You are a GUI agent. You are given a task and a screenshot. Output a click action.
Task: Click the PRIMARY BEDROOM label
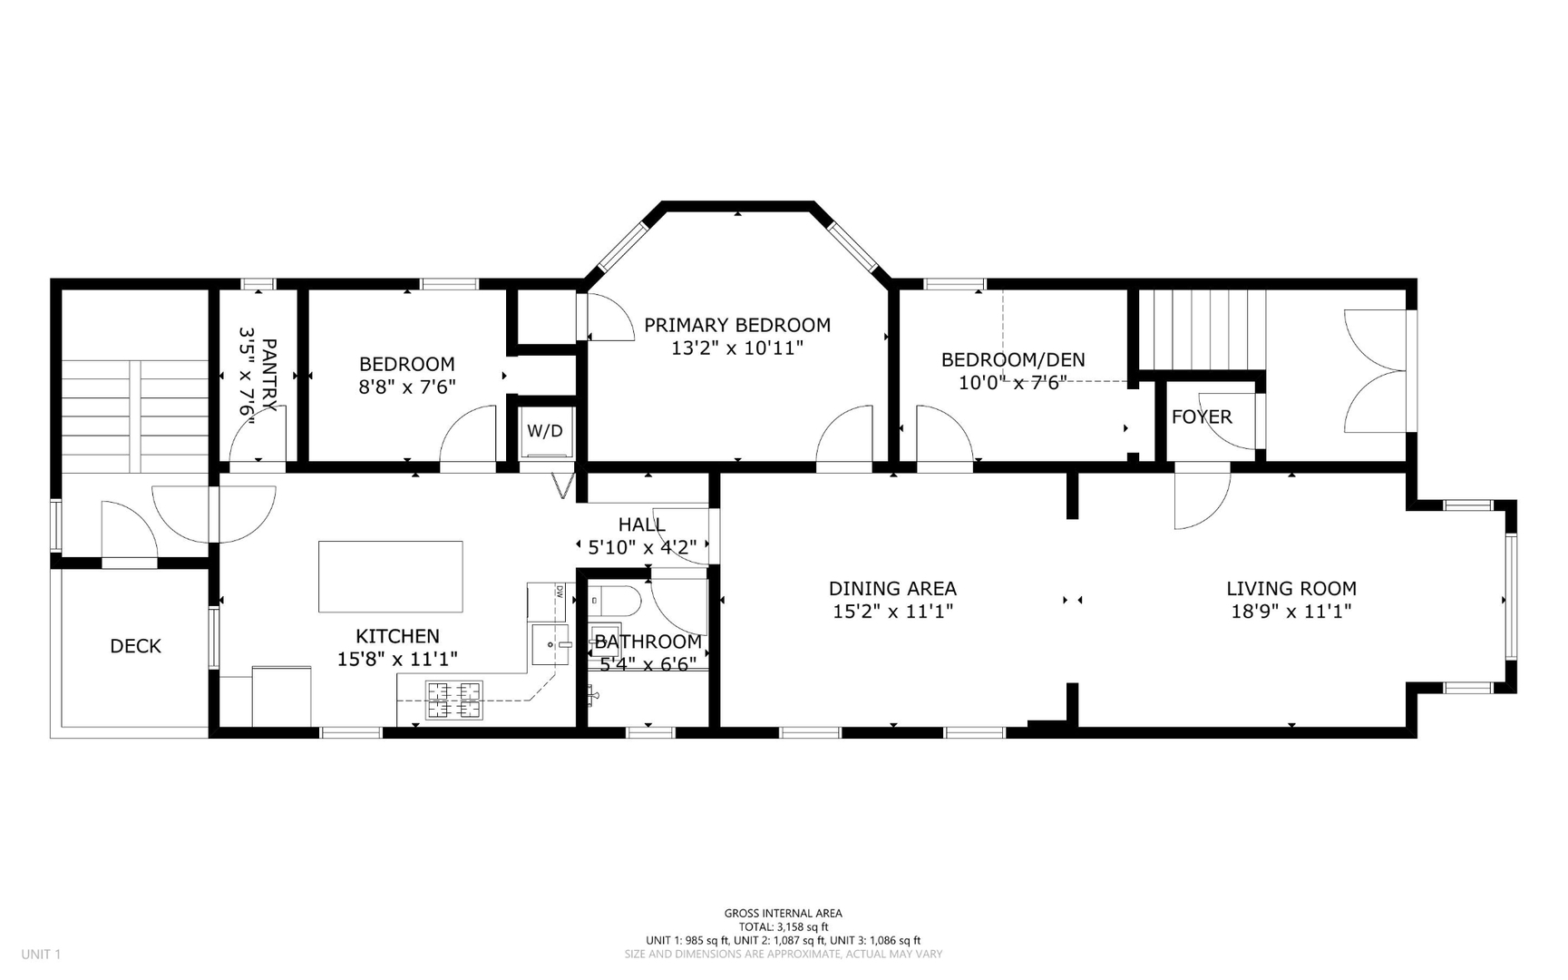click(x=737, y=325)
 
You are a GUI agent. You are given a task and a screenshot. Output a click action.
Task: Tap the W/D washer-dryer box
click(x=545, y=431)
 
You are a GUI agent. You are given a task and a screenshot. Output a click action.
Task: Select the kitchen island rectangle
click(x=390, y=576)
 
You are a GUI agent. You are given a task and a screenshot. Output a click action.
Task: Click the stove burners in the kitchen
click(x=454, y=700)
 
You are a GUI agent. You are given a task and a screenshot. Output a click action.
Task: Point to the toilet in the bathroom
click(x=616, y=600)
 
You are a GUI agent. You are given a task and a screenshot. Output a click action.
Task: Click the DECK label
click(x=135, y=646)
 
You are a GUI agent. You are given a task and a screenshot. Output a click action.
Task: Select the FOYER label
click(x=1202, y=416)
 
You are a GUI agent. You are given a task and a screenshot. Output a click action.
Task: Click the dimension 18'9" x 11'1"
click(x=1290, y=612)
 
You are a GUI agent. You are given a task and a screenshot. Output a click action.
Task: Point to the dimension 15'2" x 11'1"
click(x=892, y=612)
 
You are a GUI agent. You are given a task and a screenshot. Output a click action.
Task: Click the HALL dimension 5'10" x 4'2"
click(x=642, y=547)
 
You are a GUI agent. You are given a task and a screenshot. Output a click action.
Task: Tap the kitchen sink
click(x=549, y=643)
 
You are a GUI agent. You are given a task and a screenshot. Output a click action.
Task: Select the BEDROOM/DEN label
click(x=1012, y=359)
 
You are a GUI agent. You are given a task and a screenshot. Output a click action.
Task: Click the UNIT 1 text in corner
click(x=41, y=954)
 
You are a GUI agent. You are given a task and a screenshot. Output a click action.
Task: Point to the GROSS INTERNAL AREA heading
click(x=783, y=913)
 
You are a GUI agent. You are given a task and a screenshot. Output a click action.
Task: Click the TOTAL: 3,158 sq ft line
click(x=783, y=926)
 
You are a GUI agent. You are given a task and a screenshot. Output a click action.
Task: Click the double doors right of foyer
click(x=1376, y=370)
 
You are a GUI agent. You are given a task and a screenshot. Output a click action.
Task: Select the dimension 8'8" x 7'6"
click(x=406, y=387)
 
